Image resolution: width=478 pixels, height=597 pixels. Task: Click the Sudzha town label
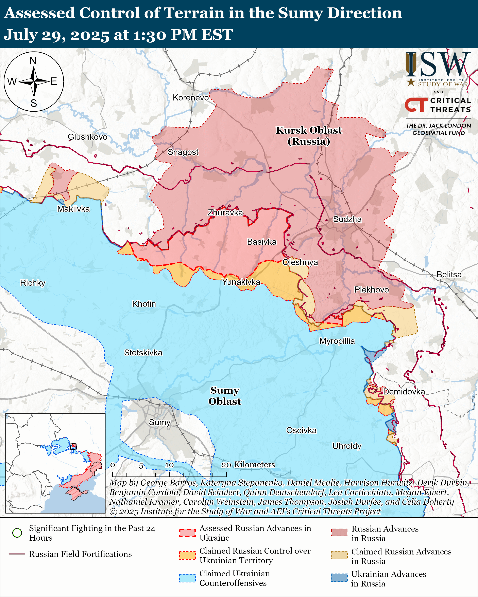click(x=347, y=219)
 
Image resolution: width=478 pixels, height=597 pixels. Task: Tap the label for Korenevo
click(x=191, y=98)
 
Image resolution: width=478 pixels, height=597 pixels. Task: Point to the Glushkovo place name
click(x=88, y=137)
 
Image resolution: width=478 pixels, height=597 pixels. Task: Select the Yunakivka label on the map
click(x=241, y=282)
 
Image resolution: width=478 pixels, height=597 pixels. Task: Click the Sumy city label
click(x=160, y=422)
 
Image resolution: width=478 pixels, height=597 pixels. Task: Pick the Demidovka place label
click(x=404, y=392)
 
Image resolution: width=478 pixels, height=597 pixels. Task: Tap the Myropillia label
click(x=337, y=341)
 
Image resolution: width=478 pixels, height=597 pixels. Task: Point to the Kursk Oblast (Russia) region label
click(x=309, y=136)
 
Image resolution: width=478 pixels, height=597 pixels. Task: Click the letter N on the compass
click(x=33, y=61)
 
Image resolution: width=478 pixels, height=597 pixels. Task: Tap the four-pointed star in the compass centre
click(x=34, y=82)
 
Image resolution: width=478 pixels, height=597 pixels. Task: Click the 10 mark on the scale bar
click(x=169, y=465)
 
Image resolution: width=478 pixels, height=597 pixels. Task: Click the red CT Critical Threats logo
click(x=416, y=105)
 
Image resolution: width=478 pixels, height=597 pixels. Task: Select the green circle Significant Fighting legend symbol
click(x=17, y=533)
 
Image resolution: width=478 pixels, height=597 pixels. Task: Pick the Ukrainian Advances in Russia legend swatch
click(x=339, y=578)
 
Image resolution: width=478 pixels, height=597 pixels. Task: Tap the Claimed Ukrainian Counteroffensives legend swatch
click(x=187, y=578)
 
